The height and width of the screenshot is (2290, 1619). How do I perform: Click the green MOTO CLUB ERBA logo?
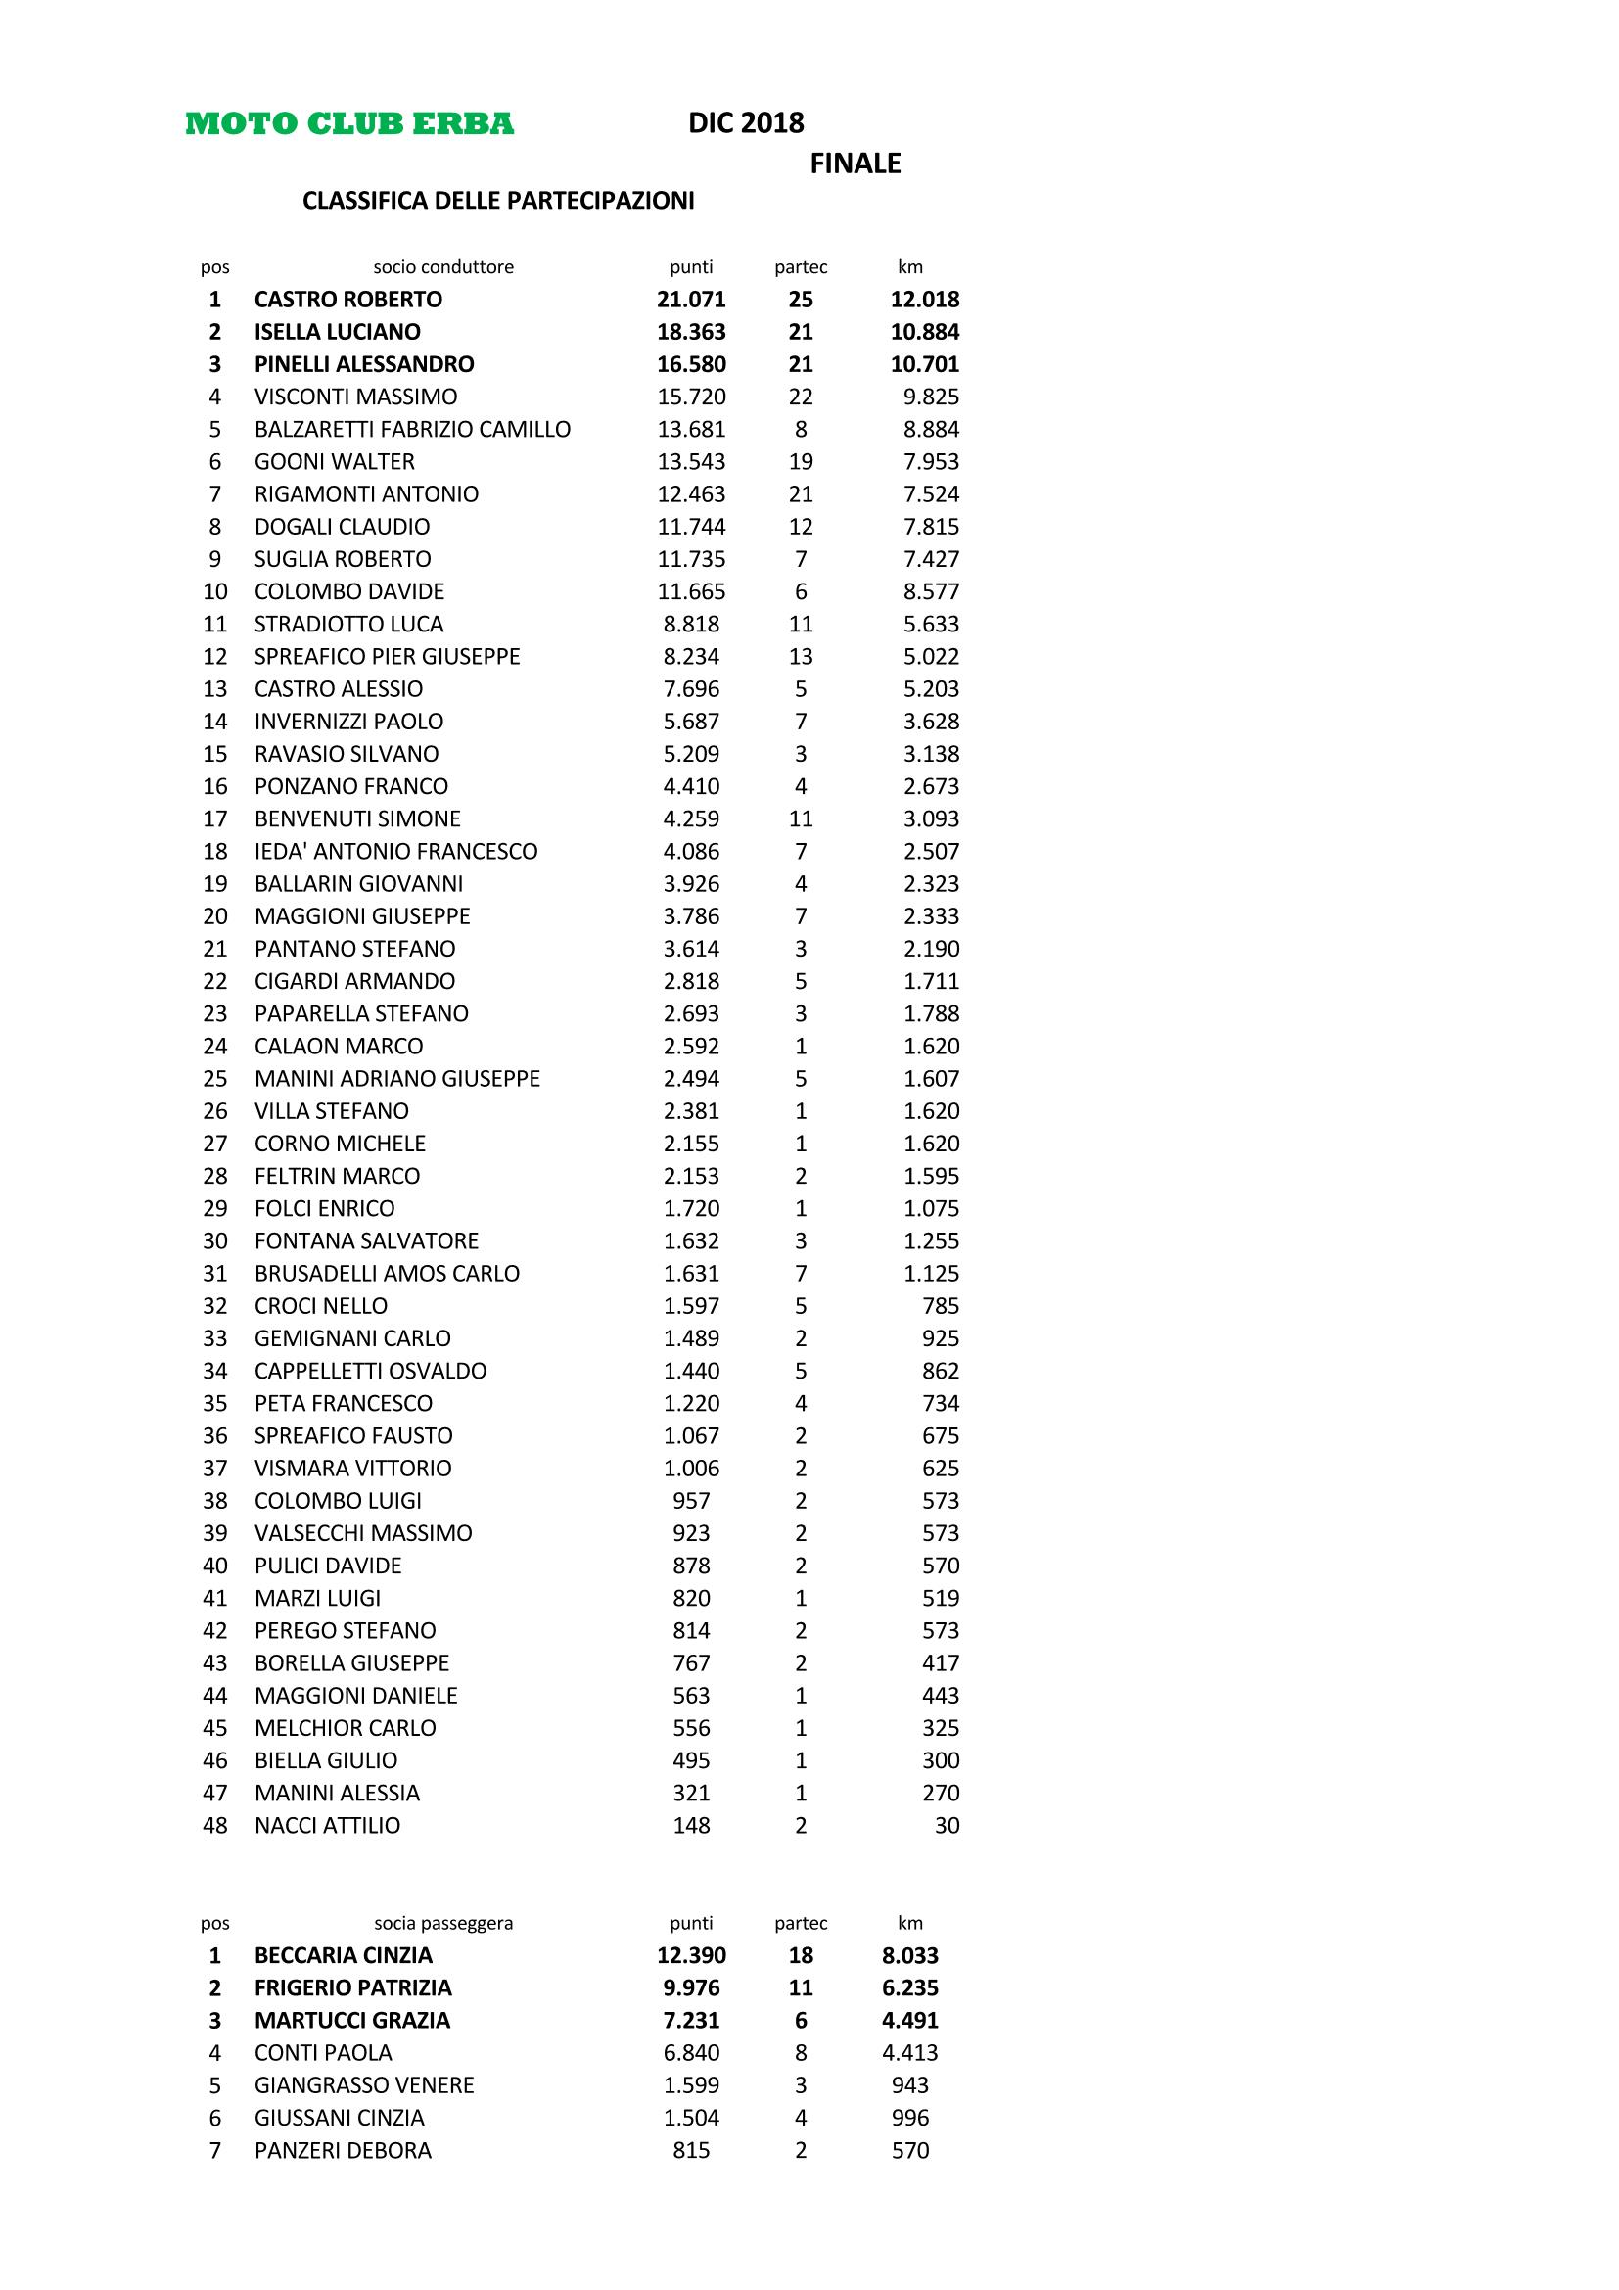pyautogui.click(x=349, y=123)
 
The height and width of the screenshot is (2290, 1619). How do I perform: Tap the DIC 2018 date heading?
pyautogui.click(x=746, y=122)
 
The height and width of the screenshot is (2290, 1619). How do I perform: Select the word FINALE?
pyautogui.click(x=855, y=164)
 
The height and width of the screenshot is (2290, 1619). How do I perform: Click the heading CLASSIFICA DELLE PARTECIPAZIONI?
pyautogui.click(x=498, y=201)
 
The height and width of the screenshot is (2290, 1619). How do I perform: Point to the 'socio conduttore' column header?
pyautogui.click(x=443, y=267)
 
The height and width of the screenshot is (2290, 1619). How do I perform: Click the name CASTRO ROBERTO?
pyautogui.click(x=347, y=300)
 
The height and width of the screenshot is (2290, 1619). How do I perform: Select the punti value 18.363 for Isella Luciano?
pyautogui.click(x=691, y=332)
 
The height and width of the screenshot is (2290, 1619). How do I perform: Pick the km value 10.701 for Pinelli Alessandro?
pyautogui.click(x=924, y=364)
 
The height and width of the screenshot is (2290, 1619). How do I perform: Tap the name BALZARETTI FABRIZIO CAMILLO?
pyautogui.click(x=412, y=429)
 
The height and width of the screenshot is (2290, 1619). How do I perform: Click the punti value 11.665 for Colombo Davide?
pyautogui.click(x=691, y=591)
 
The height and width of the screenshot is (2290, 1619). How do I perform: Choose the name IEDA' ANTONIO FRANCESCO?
pyautogui.click(x=395, y=851)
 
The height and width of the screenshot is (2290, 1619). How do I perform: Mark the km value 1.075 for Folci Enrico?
pyautogui.click(x=931, y=1208)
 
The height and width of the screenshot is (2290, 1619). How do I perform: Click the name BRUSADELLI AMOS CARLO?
pyautogui.click(x=387, y=1273)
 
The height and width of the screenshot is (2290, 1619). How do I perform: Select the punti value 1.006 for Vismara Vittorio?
pyautogui.click(x=691, y=1469)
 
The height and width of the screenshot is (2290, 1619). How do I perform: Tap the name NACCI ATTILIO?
pyautogui.click(x=327, y=1825)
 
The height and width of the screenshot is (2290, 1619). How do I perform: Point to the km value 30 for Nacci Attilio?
pyautogui.click(x=947, y=1825)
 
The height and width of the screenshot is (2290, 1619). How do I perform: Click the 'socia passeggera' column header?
pyautogui.click(x=443, y=1923)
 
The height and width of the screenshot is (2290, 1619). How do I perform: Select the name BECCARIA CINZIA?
pyautogui.click(x=343, y=1956)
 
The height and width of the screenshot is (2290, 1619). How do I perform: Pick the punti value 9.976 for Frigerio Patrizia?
pyautogui.click(x=691, y=1987)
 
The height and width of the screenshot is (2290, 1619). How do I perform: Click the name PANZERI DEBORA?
pyautogui.click(x=343, y=2150)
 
